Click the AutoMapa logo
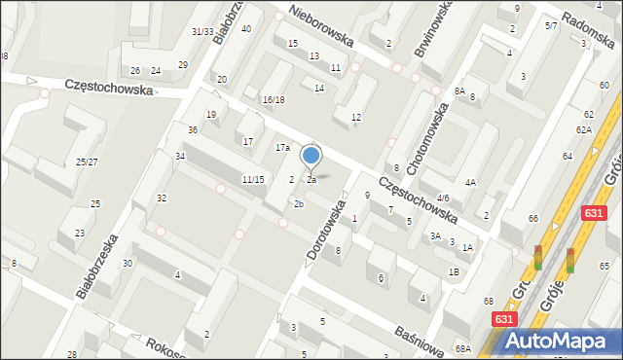557,340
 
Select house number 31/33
202,31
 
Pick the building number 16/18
273,99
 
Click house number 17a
282,148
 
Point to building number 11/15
253,179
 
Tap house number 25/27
87,162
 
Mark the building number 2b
299,203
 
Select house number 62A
583,129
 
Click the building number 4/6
443,198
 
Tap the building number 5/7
551,25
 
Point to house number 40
246,28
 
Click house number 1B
454,271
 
